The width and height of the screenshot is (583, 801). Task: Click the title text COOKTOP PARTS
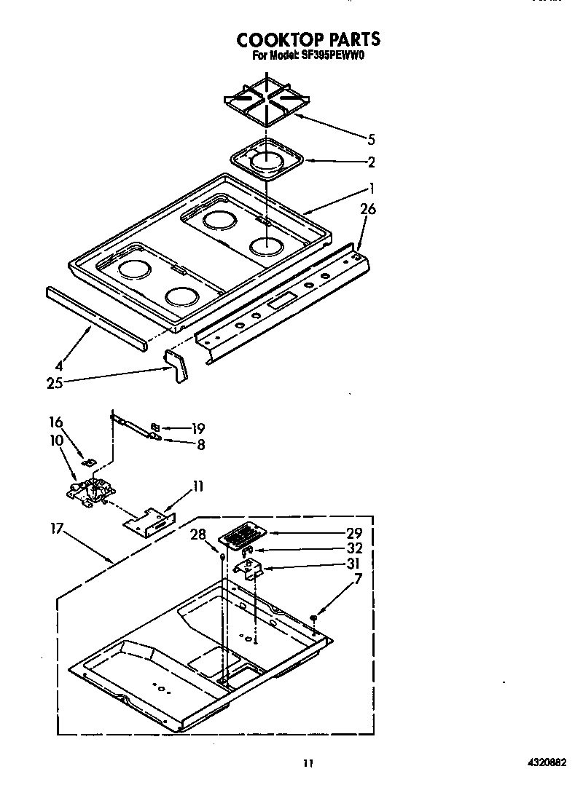[308, 39]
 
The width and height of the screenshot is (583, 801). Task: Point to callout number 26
[368, 210]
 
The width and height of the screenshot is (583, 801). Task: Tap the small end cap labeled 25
[176, 364]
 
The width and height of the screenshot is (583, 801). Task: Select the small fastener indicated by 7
[313, 617]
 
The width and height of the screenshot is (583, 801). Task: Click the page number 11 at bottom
[308, 763]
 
